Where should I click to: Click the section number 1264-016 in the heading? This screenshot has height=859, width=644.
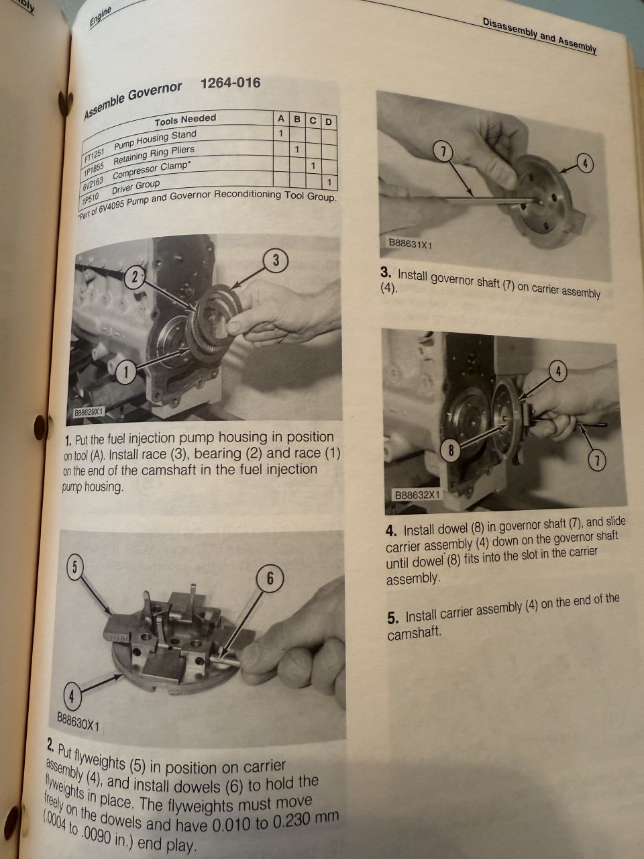point(230,83)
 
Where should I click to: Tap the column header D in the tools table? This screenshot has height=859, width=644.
point(329,122)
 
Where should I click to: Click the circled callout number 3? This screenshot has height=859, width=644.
point(276,260)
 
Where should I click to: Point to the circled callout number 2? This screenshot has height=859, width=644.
point(135,277)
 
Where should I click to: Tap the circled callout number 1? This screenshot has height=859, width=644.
point(126,372)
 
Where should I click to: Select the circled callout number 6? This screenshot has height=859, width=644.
point(270,578)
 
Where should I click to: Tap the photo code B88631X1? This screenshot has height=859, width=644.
point(410,244)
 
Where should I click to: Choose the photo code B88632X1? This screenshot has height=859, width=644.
point(417,495)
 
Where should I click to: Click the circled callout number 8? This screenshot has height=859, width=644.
point(451,450)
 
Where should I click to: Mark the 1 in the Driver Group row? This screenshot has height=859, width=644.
point(329,182)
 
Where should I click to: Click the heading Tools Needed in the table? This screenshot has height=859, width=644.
point(185,120)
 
